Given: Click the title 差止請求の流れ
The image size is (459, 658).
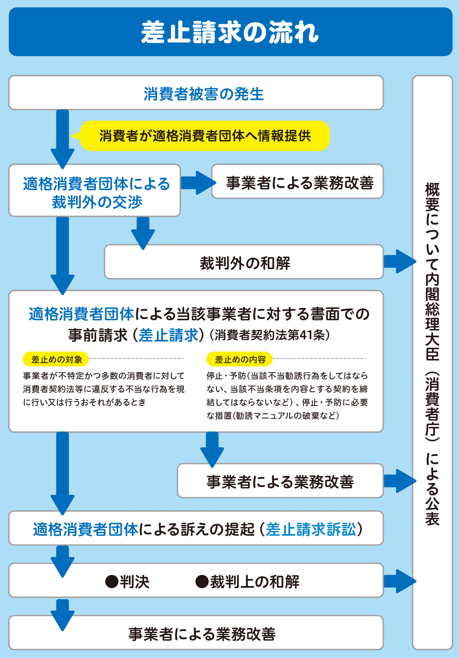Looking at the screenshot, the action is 229,32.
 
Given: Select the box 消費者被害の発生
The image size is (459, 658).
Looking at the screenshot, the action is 196,92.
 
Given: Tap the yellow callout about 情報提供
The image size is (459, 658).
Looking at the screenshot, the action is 205,136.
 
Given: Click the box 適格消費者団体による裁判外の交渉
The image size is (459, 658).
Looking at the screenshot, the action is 94,190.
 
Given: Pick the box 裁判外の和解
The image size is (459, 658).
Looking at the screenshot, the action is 244,262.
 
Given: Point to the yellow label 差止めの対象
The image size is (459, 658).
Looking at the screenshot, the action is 56,359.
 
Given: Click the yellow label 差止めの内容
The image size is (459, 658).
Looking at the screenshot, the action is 239,359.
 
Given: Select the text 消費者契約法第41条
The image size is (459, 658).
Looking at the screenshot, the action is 270,335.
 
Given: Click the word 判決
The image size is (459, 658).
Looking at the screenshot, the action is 135,581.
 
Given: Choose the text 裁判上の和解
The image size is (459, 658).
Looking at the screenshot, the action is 254,581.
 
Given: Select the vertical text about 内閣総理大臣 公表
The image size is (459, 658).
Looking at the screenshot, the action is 432,354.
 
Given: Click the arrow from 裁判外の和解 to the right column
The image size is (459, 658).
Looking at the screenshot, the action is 400,262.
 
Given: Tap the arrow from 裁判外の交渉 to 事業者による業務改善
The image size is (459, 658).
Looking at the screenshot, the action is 198,183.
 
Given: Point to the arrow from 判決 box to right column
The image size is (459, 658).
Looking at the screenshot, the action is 400,581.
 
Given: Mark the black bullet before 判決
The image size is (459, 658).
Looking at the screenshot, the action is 112,581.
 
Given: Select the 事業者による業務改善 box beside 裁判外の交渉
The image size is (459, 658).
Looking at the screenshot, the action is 298,181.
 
